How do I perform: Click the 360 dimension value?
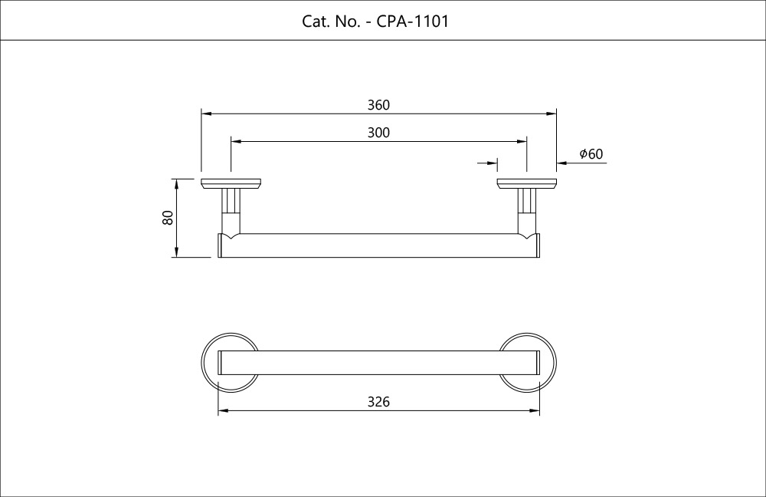[x=378, y=104]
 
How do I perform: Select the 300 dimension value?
[x=378, y=133]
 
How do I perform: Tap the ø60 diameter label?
[x=591, y=154]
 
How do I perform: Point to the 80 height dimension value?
[x=168, y=218]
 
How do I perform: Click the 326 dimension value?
[x=378, y=402]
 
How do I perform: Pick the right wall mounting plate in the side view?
[x=526, y=183]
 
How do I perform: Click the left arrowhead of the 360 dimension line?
[x=206, y=114]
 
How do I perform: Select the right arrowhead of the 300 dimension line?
[x=522, y=142]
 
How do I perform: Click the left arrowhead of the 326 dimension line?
[x=223, y=412]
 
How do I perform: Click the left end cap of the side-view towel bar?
[x=221, y=245]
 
